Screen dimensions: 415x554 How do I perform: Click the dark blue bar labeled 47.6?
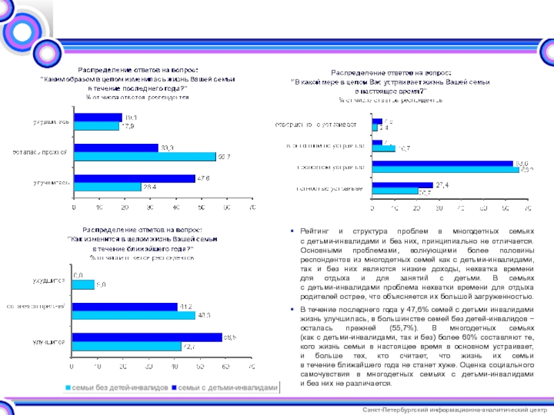click(x=134, y=178)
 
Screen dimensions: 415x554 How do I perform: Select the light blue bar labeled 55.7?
click(x=145, y=156)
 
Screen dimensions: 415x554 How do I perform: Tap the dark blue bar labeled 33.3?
click(x=116, y=147)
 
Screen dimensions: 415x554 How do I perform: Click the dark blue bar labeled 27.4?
click(x=402, y=185)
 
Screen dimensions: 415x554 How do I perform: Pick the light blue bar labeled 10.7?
click(x=384, y=149)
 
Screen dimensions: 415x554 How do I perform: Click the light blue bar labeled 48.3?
click(x=134, y=315)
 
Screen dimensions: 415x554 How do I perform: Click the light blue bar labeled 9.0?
click(x=84, y=284)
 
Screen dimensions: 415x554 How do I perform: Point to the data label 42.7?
click(x=189, y=347)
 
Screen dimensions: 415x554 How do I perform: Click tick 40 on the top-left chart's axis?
click(x=176, y=207)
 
